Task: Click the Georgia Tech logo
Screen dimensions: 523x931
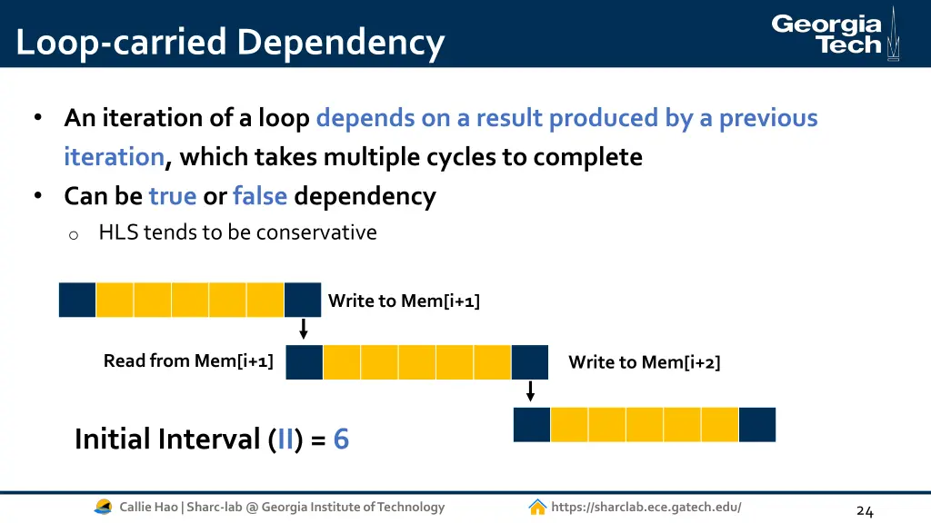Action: click(835, 34)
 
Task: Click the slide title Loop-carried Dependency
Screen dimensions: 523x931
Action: click(230, 43)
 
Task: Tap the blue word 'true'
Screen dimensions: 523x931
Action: click(173, 195)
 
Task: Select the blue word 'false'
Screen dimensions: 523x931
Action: click(260, 195)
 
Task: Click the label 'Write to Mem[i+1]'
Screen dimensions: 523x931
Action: click(404, 301)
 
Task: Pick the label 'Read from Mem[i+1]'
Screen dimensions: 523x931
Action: click(188, 360)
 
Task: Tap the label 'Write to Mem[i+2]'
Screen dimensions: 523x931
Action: click(644, 362)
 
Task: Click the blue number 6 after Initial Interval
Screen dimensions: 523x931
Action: click(341, 439)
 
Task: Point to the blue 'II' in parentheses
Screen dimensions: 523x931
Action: click(285, 439)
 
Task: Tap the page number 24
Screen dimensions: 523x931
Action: click(865, 511)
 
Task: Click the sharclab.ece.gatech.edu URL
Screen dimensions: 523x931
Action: click(646, 507)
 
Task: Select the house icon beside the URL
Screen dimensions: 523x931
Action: click(537, 507)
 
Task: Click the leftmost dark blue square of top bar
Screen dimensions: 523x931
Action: click(77, 300)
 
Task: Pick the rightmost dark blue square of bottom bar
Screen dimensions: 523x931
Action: click(757, 425)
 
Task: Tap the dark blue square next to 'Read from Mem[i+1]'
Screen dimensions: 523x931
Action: click(305, 361)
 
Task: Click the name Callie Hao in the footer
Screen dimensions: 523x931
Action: click(148, 507)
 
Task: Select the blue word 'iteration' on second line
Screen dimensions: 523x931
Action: click(114, 157)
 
